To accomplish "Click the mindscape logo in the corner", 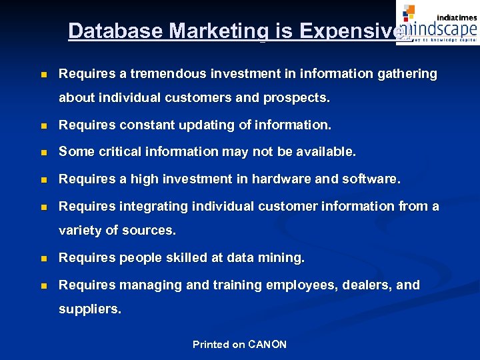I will [x=437, y=23].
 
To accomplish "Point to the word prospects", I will [x=296, y=98].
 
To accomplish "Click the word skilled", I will [x=183, y=257].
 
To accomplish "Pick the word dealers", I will [x=365, y=285].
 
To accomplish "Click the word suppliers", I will [x=90, y=309].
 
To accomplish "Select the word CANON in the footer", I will [x=267, y=344].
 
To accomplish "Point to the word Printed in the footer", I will [x=210, y=344].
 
